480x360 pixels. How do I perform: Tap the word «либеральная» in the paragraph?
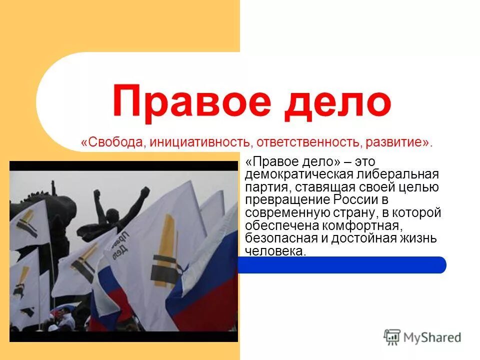tap(398, 175)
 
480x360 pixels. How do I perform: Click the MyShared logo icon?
tap(392, 337)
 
